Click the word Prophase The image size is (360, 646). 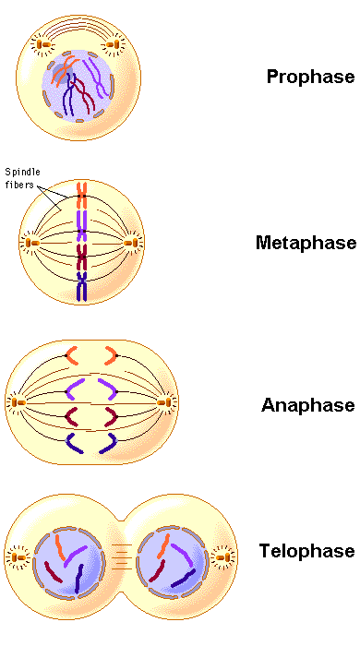point(310,77)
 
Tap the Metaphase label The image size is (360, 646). point(306,242)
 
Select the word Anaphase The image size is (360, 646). point(307,405)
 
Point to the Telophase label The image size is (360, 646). point(306,551)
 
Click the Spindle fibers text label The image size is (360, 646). point(22,178)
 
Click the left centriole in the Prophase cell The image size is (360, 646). point(43,44)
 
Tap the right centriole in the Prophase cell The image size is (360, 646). point(112,44)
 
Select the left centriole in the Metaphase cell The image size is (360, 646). point(30,243)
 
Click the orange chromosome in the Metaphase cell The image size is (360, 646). point(82,196)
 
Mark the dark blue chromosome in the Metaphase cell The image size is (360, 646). point(82,286)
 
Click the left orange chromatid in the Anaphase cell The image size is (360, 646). point(71,355)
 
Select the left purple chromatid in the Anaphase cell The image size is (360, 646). point(74,389)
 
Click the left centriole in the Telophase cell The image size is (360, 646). point(18,557)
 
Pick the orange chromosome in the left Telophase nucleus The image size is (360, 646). point(60,547)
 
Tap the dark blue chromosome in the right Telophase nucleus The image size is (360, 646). point(184,579)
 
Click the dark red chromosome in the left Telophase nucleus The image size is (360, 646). point(54,572)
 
